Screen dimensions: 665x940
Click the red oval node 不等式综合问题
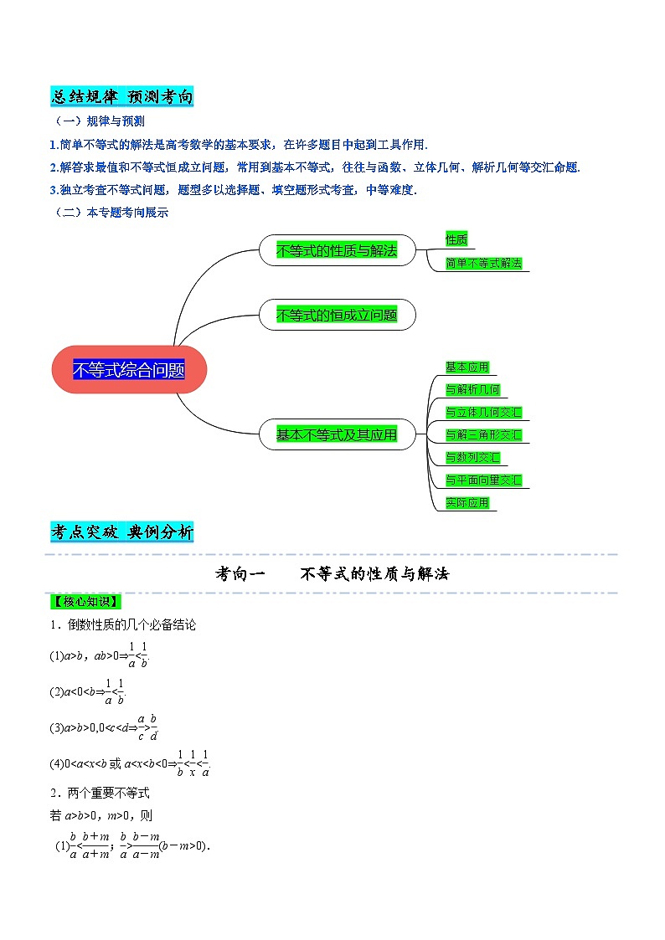coord(128,369)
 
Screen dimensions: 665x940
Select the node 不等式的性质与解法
coord(337,250)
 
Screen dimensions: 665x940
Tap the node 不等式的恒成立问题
coord(337,315)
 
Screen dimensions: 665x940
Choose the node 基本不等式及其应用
coord(337,434)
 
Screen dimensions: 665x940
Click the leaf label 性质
coord(456,240)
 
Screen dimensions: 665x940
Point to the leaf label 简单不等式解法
coord(484,264)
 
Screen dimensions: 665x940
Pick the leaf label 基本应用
coord(467,367)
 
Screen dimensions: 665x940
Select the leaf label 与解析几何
coord(472,389)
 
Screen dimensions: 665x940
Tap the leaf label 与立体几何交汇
coord(483,412)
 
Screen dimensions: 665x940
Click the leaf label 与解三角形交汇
coord(483,434)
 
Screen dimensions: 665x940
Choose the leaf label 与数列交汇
coord(472,457)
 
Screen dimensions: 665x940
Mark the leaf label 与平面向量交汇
coord(483,480)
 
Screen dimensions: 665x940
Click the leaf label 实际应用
coord(467,502)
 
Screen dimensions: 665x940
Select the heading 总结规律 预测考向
coord(122,97)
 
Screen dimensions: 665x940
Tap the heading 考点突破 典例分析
coord(122,532)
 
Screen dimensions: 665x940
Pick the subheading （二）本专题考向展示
coord(110,213)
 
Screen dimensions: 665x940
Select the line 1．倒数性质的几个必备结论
coord(122,624)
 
